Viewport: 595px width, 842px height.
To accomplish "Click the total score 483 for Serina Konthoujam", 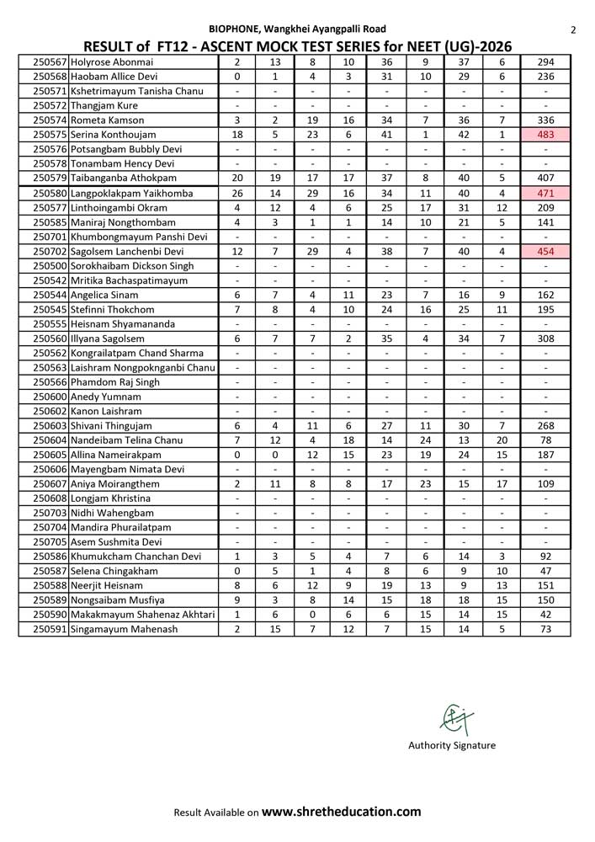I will (x=546, y=135).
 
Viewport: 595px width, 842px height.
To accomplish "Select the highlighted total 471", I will (x=546, y=193).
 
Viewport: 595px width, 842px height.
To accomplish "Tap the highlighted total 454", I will (x=546, y=251).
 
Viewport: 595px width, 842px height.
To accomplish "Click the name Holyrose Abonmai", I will (x=112, y=62).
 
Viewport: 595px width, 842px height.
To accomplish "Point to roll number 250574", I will (x=50, y=120).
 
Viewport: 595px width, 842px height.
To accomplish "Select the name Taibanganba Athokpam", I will (x=124, y=179).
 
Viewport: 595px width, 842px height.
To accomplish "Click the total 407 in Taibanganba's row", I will (x=546, y=179).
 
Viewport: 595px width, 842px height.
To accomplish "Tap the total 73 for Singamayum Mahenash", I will (x=546, y=630).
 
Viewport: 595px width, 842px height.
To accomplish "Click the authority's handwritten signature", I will (x=455, y=719).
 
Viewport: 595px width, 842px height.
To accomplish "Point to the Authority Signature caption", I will (x=452, y=745).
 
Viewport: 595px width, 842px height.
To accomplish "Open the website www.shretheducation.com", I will (x=341, y=812).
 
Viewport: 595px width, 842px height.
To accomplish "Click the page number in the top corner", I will (x=573, y=30).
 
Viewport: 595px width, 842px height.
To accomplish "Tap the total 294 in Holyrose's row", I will (x=546, y=62).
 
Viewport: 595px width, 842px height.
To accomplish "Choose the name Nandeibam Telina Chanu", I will (x=127, y=440).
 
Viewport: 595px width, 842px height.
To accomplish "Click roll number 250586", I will (x=50, y=557).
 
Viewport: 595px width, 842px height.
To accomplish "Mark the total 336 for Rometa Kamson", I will (x=546, y=120).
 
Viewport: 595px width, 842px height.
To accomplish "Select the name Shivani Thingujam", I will (x=112, y=426).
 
